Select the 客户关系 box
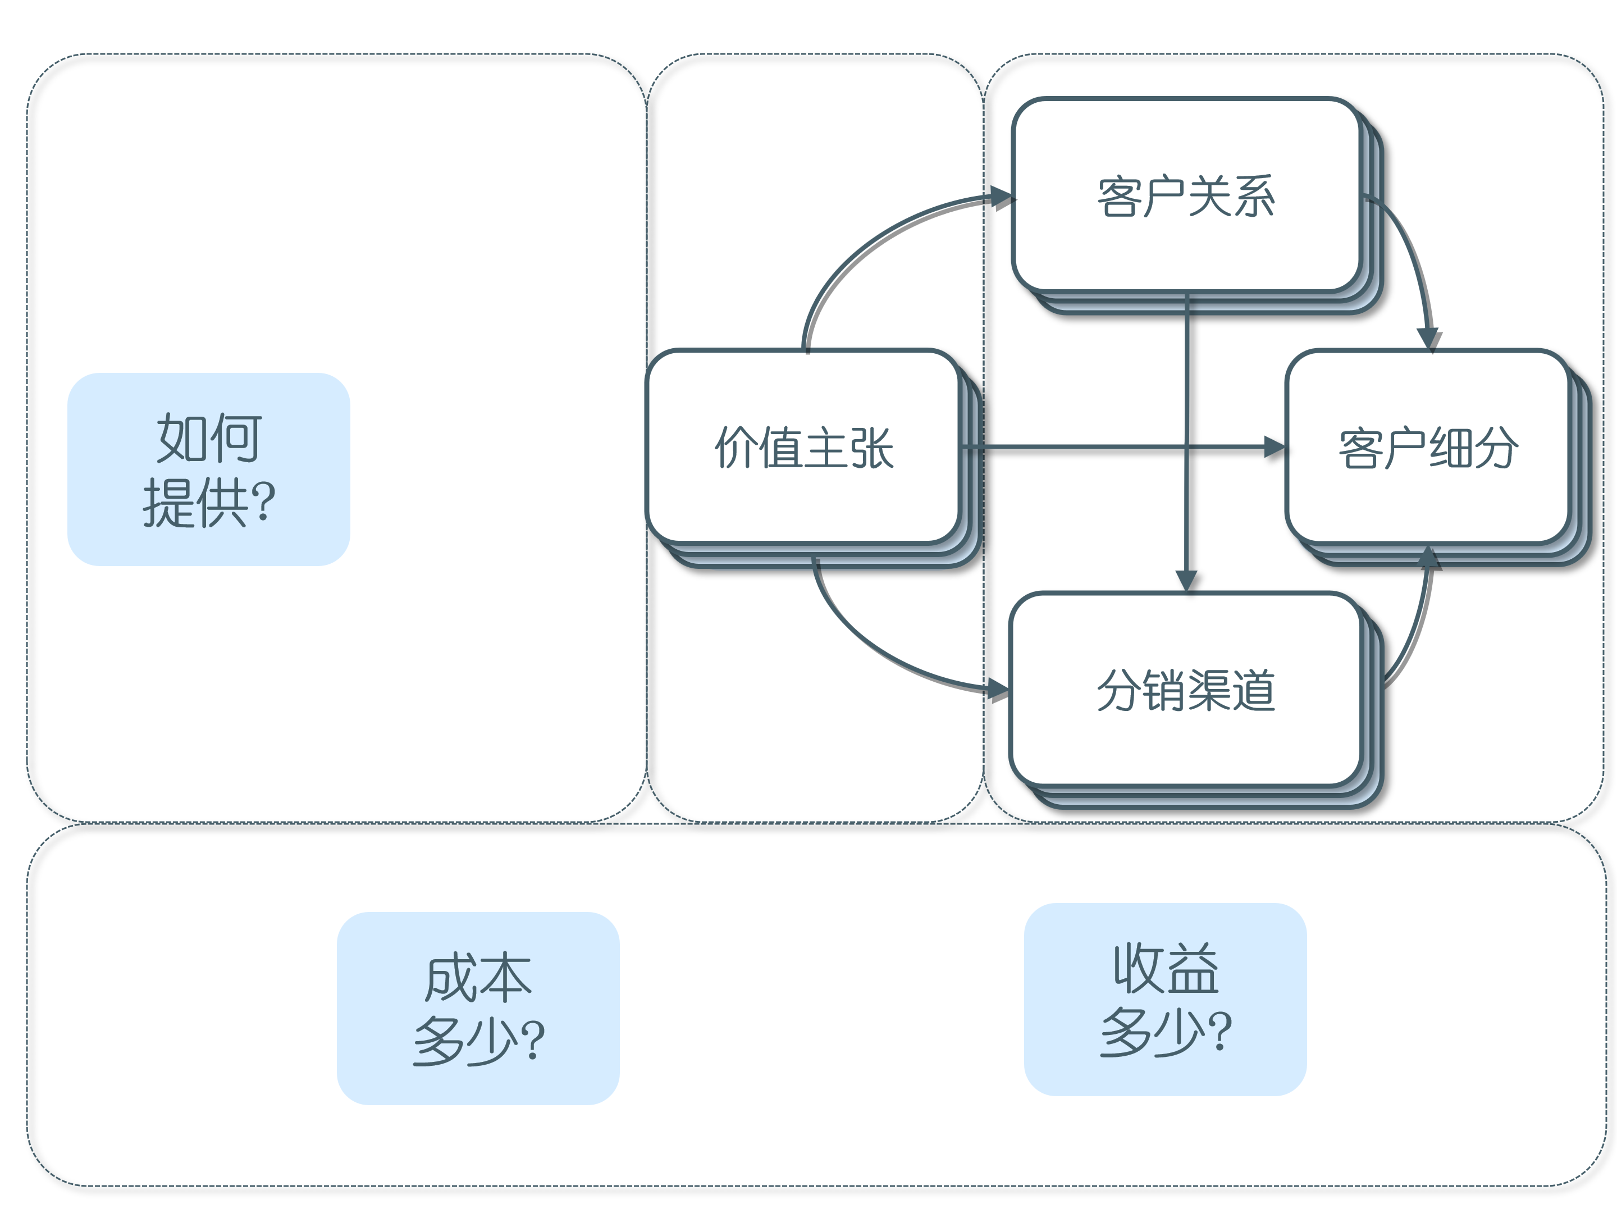pos(1185,195)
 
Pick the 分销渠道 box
pos(1185,690)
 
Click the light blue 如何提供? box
pos(208,469)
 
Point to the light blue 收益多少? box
pos(1164,999)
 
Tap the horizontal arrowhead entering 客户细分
pos(1273,447)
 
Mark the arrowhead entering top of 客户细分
pos(1428,338)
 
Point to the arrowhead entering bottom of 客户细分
pos(1428,557)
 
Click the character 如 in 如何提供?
pos(181,437)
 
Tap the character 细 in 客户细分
pos(1450,447)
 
